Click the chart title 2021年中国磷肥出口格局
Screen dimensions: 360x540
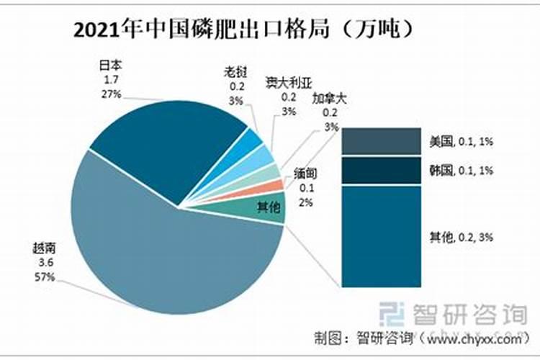point(245,30)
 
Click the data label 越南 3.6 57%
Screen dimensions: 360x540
point(43,261)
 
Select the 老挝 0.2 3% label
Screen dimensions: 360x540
point(236,86)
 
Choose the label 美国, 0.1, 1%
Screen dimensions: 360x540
point(461,142)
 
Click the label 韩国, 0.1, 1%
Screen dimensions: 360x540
point(461,171)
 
